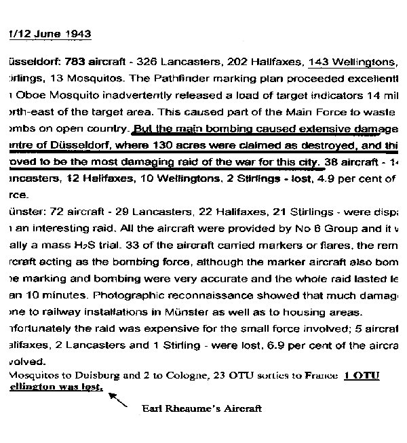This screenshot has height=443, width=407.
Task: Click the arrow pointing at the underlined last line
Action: (117, 400)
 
